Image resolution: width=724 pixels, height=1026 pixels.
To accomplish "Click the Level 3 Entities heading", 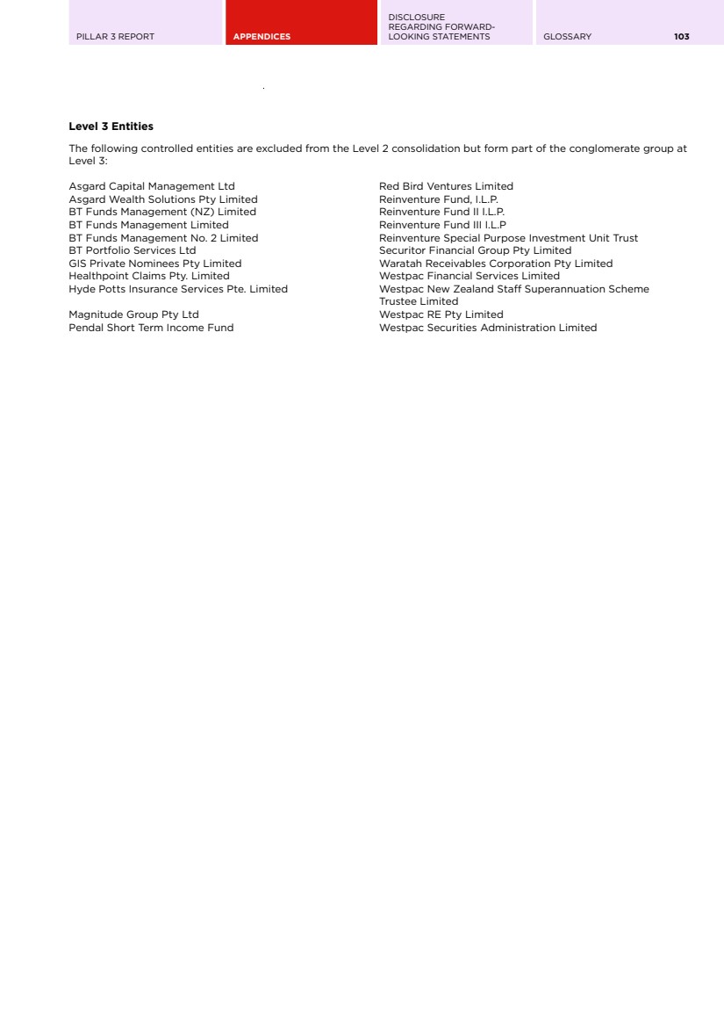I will pyautogui.click(x=111, y=127).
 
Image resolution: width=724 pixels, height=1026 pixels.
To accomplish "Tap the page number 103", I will pyautogui.click(x=682, y=37).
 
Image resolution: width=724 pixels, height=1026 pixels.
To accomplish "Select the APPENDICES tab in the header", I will pyautogui.click(x=262, y=37).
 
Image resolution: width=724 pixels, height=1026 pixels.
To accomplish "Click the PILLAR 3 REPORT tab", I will pyautogui.click(x=116, y=37).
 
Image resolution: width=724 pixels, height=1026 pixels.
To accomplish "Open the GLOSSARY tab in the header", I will pyautogui.click(x=568, y=37).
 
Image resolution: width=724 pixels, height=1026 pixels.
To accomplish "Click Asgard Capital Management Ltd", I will pyautogui.click(x=152, y=186).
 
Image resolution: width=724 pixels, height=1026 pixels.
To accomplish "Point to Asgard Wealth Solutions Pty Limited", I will pyautogui.click(x=163, y=199).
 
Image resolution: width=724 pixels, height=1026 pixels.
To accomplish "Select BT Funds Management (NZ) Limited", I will pyautogui.click(x=162, y=212).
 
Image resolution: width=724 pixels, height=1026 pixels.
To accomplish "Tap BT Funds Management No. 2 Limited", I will pyautogui.click(x=163, y=238).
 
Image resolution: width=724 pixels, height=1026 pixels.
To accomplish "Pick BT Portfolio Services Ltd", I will pyautogui.click(x=133, y=250).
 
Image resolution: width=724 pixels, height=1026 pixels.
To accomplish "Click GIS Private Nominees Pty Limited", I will pyautogui.click(x=155, y=264).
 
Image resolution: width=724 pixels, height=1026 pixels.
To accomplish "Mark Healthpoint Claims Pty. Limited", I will pyautogui.click(x=149, y=276).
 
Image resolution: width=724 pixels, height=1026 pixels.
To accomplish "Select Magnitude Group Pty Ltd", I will pyautogui.click(x=133, y=314).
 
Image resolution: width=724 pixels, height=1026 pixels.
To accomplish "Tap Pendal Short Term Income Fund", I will pyautogui.click(x=151, y=328).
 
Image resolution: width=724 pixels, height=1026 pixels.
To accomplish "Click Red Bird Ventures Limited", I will pyautogui.click(x=446, y=186).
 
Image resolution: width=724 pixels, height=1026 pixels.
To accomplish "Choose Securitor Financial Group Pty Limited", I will pyautogui.click(x=475, y=250).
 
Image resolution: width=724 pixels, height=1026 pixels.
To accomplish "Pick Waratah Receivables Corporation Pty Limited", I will pyautogui.click(x=496, y=264).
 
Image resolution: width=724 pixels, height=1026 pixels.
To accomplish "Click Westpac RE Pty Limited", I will pyautogui.click(x=441, y=314).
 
